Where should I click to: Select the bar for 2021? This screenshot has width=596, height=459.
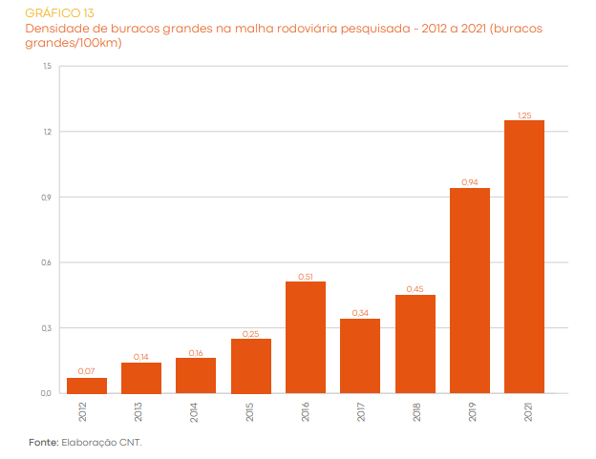point(524,256)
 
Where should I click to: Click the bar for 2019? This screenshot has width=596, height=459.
point(469,290)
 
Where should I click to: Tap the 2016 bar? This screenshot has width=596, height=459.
point(306,337)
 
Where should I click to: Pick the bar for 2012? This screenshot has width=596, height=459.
point(87,386)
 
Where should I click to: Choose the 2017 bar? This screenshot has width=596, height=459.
point(360,355)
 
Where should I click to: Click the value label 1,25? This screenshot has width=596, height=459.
point(524,115)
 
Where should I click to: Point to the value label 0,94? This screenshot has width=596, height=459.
point(469,182)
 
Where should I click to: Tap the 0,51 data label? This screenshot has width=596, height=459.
point(306,276)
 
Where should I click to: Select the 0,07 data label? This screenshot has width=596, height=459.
point(87,372)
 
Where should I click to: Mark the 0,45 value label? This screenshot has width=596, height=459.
point(415,289)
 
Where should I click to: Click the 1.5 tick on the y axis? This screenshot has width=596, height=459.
point(47,66)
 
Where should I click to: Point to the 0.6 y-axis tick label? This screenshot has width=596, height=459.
point(47,262)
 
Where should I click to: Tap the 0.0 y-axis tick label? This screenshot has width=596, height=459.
point(47,393)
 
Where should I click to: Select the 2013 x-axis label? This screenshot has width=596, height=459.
point(140,411)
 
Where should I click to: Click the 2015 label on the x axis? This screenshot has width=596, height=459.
point(250,411)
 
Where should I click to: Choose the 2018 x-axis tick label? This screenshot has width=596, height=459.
point(415,411)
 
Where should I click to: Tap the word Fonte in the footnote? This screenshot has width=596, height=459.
point(42,443)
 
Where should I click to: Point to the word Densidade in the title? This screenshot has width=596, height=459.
point(57,29)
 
